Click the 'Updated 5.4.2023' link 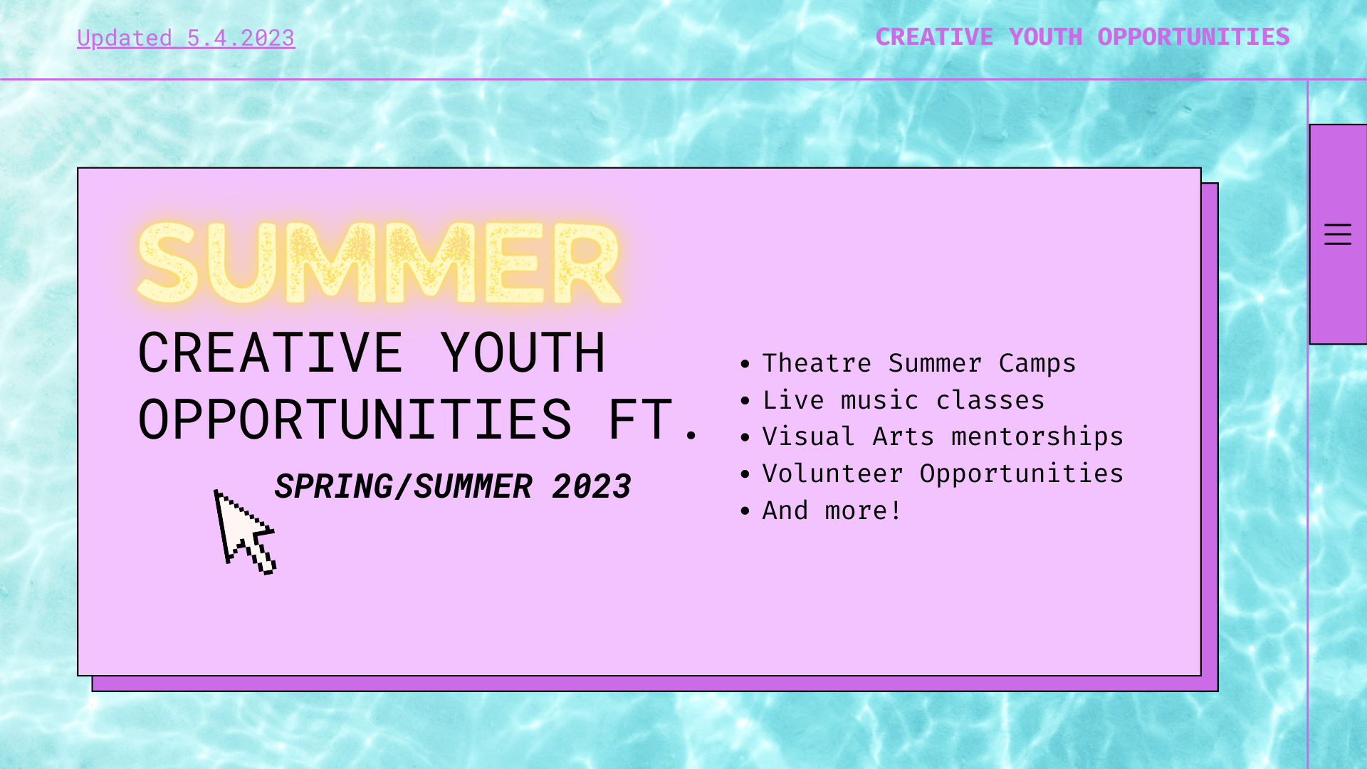(186, 38)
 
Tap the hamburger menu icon (1337, 234)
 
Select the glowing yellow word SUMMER (379, 263)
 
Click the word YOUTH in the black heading (522, 353)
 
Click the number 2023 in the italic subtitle (591, 487)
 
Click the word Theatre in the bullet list (817, 363)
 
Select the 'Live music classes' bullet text (903, 400)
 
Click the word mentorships (1037, 436)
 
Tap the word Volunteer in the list (832, 474)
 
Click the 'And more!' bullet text (831, 511)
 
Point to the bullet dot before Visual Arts (745, 438)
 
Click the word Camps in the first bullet (1037, 363)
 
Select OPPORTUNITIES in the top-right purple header (1193, 37)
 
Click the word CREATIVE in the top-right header (933, 37)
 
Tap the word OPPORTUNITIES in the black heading (355, 420)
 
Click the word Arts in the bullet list (903, 436)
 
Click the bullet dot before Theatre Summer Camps (745, 364)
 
